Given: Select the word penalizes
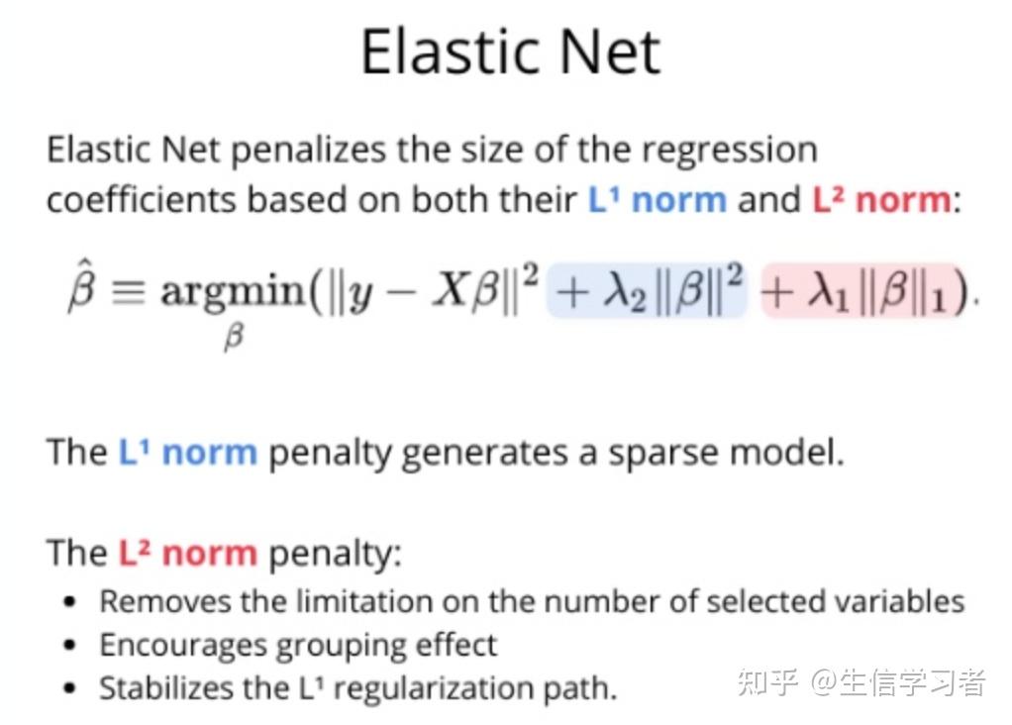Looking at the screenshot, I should pyautogui.click(x=309, y=151).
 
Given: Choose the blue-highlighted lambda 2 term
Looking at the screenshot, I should pyautogui.click(x=648, y=291).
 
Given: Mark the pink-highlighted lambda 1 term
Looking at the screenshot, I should pyautogui.click(x=861, y=291).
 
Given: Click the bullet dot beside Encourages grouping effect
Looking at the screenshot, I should pyautogui.click(x=68, y=646).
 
